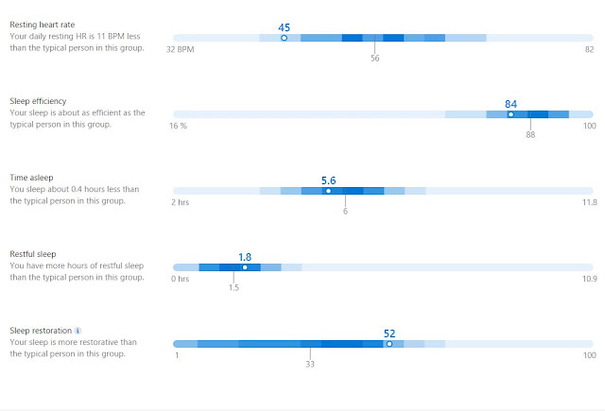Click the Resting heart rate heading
click(x=42, y=25)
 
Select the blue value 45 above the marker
click(x=284, y=27)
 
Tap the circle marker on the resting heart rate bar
click(x=284, y=38)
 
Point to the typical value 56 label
click(x=374, y=59)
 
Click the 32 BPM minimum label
click(x=180, y=49)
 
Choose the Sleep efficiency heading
click(x=38, y=101)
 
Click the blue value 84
click(x=510, y=104)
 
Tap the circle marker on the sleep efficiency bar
click(x=510, y=114)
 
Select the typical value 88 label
click(x=530, y=134)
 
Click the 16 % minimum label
click(x=178, y=126)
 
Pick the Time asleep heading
click(x=31, y=178)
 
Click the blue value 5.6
click(x=328, y=180)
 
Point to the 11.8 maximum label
click(x=589, y=202)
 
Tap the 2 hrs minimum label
click(x=180, y=202)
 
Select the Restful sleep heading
click(x=33, y=254)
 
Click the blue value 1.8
click(x=245, y=257)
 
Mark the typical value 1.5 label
click(x=233, y=287)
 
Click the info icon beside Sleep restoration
click(x=78, y=331)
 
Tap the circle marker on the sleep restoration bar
click(x=389, y=344)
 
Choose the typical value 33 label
click(x=310, y=364)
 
